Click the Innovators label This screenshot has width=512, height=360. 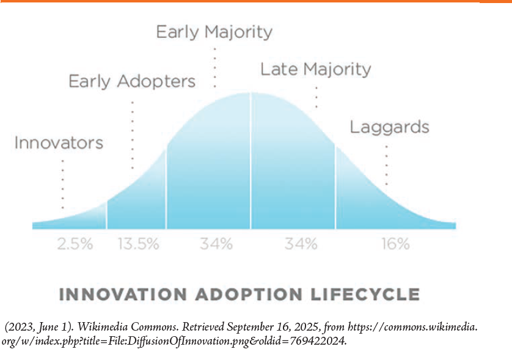click(x=59, y=144)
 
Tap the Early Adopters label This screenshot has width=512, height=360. click(x=131, y=81)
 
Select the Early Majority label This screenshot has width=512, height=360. click(x=214, y=32)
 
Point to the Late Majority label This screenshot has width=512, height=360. click(x=315, y=69)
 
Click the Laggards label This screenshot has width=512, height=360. click(x=389, y=128)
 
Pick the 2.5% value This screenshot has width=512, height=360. click(x=75, y=244)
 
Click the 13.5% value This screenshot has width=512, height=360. click(x=138, y=244)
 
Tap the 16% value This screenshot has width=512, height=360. click(x=395, y=244)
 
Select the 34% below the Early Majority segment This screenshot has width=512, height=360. click(x=216, y=244)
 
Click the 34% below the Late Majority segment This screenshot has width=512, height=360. click(x=301, y=244)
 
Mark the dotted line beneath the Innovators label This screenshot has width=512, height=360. click(x=62, y=183)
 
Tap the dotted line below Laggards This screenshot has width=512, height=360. click(x=386, y=165)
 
